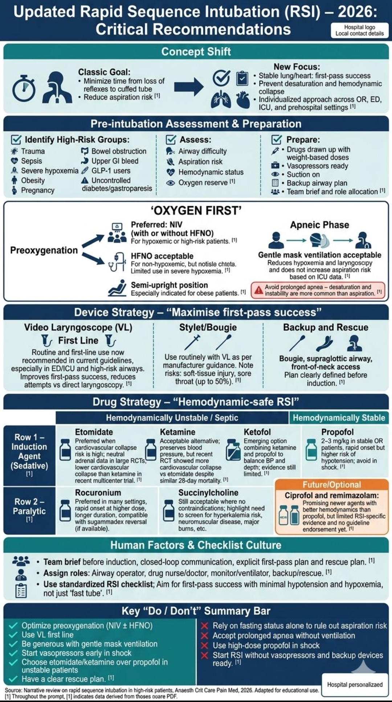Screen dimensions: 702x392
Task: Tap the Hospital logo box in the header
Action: coord(359,30)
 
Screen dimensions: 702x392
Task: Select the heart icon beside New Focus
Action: coord(243,99)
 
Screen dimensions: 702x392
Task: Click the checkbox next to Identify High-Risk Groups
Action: coord(16,140)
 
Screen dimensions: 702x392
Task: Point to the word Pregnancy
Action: coord(37,190)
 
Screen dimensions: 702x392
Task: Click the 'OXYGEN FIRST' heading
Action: coord(196,210)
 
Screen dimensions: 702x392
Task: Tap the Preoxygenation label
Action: coord(44,250)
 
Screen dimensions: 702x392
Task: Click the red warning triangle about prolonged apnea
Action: coord(258,290)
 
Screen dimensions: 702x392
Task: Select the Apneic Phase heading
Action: coord(319,225)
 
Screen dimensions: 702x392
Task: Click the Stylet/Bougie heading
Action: coord(208,327)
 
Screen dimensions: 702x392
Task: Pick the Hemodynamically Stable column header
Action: coord(339,418)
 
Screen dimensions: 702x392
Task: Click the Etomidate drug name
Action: coord(94,432)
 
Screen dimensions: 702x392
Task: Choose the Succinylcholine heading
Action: coord(208,492)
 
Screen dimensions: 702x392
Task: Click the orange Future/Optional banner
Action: coord(332,485)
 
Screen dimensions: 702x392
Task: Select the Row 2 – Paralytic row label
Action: coord(29,507)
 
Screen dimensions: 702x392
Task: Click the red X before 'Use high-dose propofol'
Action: coord(205,645)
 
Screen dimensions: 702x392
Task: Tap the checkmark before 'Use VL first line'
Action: coord(13,635)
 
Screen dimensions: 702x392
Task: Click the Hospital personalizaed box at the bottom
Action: coord(355,684)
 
